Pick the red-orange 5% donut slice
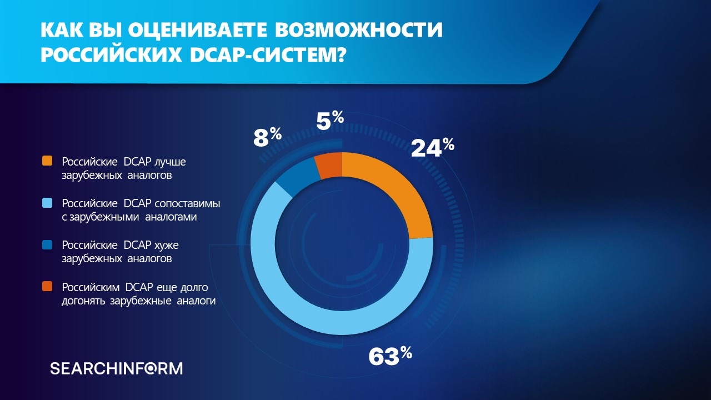[329, 166]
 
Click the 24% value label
[432, 147]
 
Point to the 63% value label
[390, 356]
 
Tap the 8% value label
[267, 137]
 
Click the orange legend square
[47, 161]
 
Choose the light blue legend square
[47, 203]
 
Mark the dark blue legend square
[47, 244]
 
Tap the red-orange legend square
[47, 286]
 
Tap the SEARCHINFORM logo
[116, 368]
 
